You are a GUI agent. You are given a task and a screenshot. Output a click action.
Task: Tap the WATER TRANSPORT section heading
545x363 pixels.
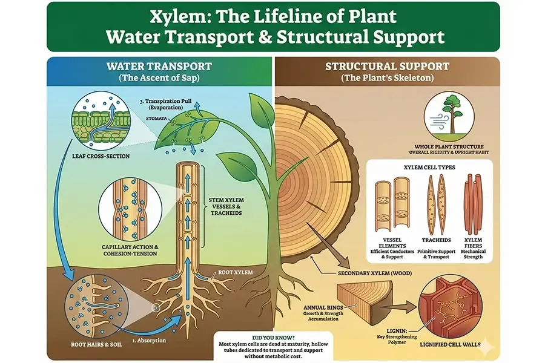pos(159,66)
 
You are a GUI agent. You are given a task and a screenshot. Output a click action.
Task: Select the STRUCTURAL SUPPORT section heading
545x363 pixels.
pos(387,66)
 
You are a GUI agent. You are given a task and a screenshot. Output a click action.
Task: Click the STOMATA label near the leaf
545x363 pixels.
pos(156,119)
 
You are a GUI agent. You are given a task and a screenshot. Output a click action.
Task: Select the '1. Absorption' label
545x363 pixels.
pos(149,341)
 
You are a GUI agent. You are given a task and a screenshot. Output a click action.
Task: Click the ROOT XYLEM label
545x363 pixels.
pos(236,272)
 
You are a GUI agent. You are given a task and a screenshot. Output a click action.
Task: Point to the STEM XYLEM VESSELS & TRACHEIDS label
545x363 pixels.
pos(226,206)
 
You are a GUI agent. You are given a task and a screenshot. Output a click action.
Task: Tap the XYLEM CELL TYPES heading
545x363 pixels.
pos(429,167)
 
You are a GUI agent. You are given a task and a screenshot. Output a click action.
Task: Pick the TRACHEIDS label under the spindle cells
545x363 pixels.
pos(436,240)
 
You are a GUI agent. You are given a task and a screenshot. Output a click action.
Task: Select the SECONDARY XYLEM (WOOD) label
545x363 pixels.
pos(375,273)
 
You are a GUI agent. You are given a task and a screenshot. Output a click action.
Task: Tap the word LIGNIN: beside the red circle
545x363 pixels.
pos(397,331)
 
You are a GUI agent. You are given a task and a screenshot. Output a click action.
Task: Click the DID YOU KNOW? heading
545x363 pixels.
pos(273,338)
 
